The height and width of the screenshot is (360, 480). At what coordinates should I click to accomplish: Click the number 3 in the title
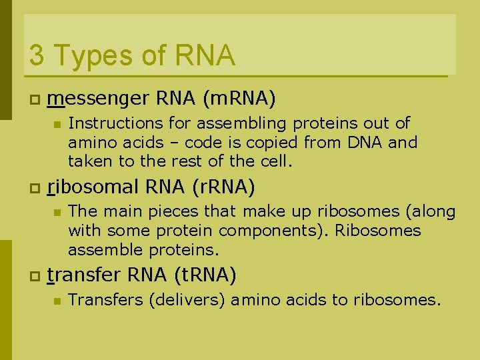[37, 55]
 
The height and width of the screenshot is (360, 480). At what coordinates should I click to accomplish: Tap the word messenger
[99, 99]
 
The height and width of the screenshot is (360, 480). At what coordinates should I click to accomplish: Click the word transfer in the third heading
[84, 275]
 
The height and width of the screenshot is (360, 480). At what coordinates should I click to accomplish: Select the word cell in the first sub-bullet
[276, 161]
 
